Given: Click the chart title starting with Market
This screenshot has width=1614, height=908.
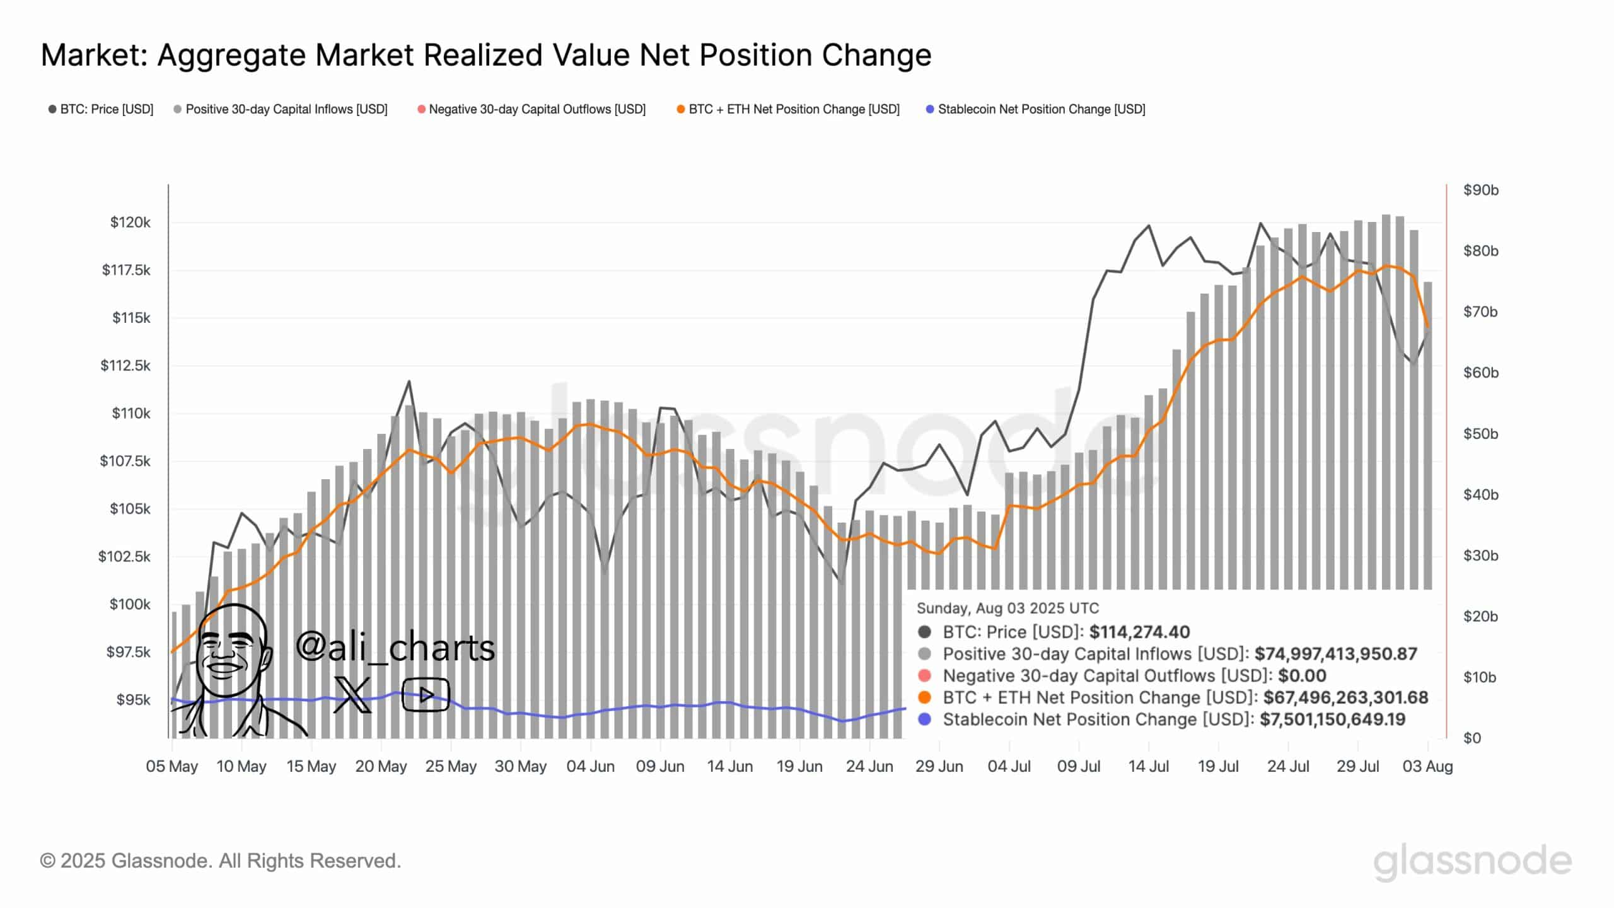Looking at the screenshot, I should [x=485, y=55].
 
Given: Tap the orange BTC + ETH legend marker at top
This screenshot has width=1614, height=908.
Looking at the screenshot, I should [x=680, y=109].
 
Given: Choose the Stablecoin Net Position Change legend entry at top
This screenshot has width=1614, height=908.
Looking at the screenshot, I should [x=1041, y=109].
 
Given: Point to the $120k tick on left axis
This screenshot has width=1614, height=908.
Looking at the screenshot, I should [x=130, y=222].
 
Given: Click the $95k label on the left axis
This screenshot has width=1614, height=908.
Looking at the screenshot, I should [x=133, y=699].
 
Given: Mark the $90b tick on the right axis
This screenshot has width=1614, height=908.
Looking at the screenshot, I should [x=1480, y=190].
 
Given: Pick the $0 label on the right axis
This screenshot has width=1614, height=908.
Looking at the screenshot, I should [x=1472, y=738].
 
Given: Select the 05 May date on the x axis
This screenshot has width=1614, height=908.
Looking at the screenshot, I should [x=171, y=766].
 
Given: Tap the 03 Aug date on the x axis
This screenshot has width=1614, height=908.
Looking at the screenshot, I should [x=1427, y=766].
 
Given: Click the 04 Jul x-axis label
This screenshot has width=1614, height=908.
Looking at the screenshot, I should [x=1009, y=766].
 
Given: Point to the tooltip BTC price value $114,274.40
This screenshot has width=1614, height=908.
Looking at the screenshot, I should [x=1139, y=632].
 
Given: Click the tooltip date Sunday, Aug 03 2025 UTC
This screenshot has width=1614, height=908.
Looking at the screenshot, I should [x=1007, y=608].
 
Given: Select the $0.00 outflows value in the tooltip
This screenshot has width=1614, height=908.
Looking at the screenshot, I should [x=1302, y=675].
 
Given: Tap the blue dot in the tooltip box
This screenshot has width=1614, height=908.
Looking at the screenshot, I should [x=924, y=719].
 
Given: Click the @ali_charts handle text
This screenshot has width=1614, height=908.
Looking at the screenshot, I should [x=395, y=647].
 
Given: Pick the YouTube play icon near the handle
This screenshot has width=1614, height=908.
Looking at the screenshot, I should [x=426, y=695].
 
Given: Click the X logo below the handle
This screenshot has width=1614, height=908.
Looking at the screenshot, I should [x=352, y=695].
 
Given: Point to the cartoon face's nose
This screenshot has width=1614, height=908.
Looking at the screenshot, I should [x=225, y=656].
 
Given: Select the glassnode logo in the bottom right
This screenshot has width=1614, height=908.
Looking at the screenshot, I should [x=1472, y=861].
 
